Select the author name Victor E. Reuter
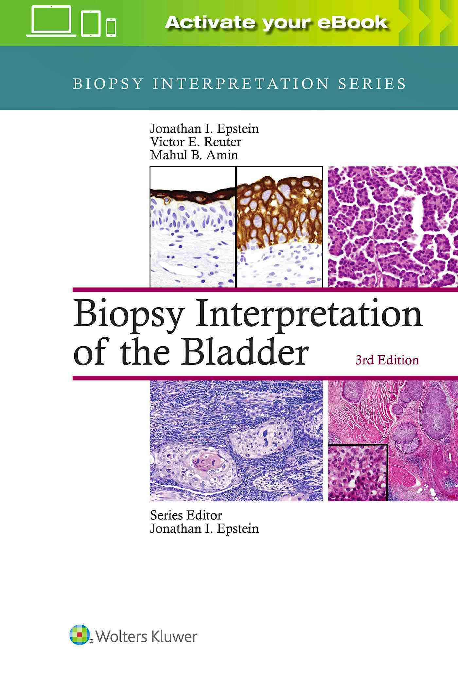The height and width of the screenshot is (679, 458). (x=195, y=142)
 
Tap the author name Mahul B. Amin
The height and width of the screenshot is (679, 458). (x=194, y=155)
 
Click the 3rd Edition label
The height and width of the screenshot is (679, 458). (x=387, y=360)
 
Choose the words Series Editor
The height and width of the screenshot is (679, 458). (x=186, y=515)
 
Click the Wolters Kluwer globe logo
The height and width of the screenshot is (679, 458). (x=79, y=634)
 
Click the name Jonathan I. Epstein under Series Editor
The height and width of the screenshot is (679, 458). (x=204, y=528)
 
